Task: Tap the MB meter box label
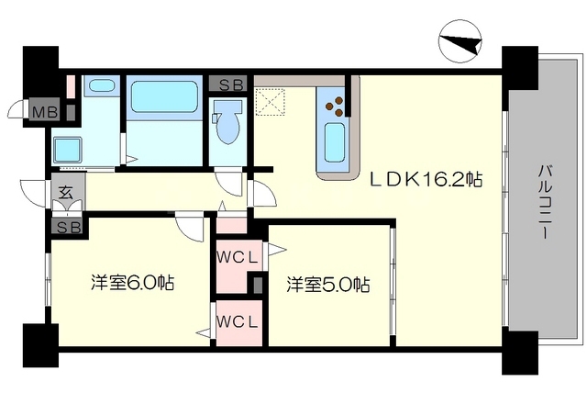[45, 111]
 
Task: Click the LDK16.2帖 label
[426, 180]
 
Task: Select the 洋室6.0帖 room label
[132, 283]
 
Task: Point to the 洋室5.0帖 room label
[328, 285]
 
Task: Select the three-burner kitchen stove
[335, 107]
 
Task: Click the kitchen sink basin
[334, 142]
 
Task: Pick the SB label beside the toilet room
[228, 84]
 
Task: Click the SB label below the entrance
[69, 228]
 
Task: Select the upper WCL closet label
[238, 257]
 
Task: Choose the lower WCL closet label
[238, 321]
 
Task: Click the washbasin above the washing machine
[102, 86]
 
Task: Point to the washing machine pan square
[68, 151]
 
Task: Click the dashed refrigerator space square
[270, 102]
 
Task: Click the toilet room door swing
[228, 184]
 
